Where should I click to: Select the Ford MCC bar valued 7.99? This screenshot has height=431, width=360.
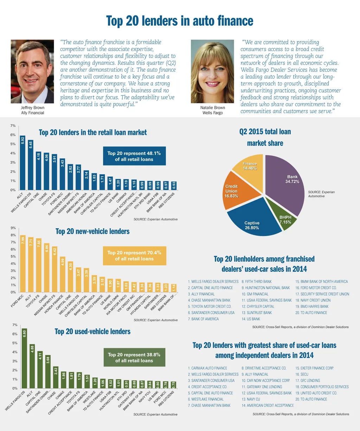(23, 263)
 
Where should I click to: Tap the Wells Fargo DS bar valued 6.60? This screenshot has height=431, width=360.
(24, 358)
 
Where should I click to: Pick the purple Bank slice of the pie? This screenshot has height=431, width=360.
(287, 183)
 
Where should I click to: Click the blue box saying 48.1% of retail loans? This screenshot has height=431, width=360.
(134, 156)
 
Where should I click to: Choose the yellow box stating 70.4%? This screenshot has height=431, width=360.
(134, 256)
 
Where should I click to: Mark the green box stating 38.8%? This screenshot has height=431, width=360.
(134, 358)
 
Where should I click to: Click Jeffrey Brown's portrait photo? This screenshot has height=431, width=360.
(32, 71)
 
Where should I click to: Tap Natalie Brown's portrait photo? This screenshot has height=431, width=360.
(212, 71)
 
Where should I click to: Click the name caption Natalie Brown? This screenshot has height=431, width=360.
(213, 107)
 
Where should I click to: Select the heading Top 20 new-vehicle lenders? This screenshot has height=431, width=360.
(92, 231)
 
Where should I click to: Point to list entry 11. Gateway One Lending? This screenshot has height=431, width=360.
(262, 387)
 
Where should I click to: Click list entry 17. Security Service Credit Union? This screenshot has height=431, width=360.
(322, 294)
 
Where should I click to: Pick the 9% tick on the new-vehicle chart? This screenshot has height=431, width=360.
(13, 228)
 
